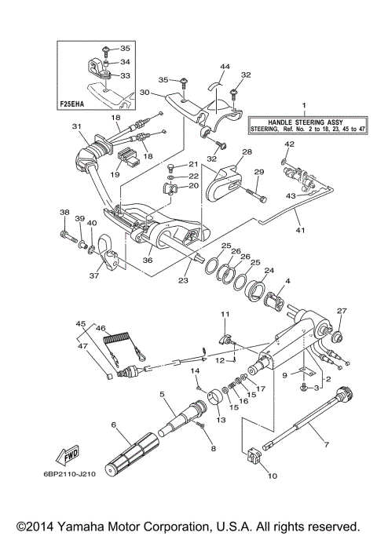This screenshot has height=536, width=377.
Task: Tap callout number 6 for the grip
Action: [113, 425]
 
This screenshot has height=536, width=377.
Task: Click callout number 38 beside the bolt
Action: [64, 213]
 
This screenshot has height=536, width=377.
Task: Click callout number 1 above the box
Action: [305, 104]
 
